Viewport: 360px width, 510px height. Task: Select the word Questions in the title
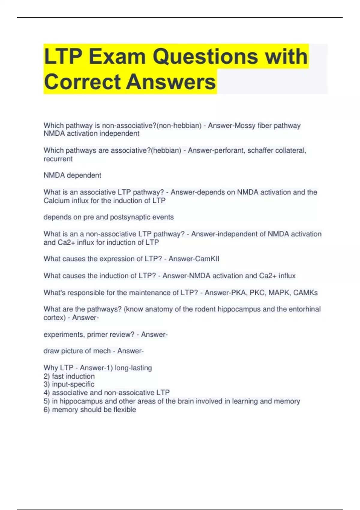pyautogui.click(x=205, y=56)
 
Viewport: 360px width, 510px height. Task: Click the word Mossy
pyautogui.click(x=244, y=125)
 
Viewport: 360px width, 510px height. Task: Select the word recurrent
pyautogui.click(x=58, y=159)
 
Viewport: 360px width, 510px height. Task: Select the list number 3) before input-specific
pyautogui.click(x=46, y=384)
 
